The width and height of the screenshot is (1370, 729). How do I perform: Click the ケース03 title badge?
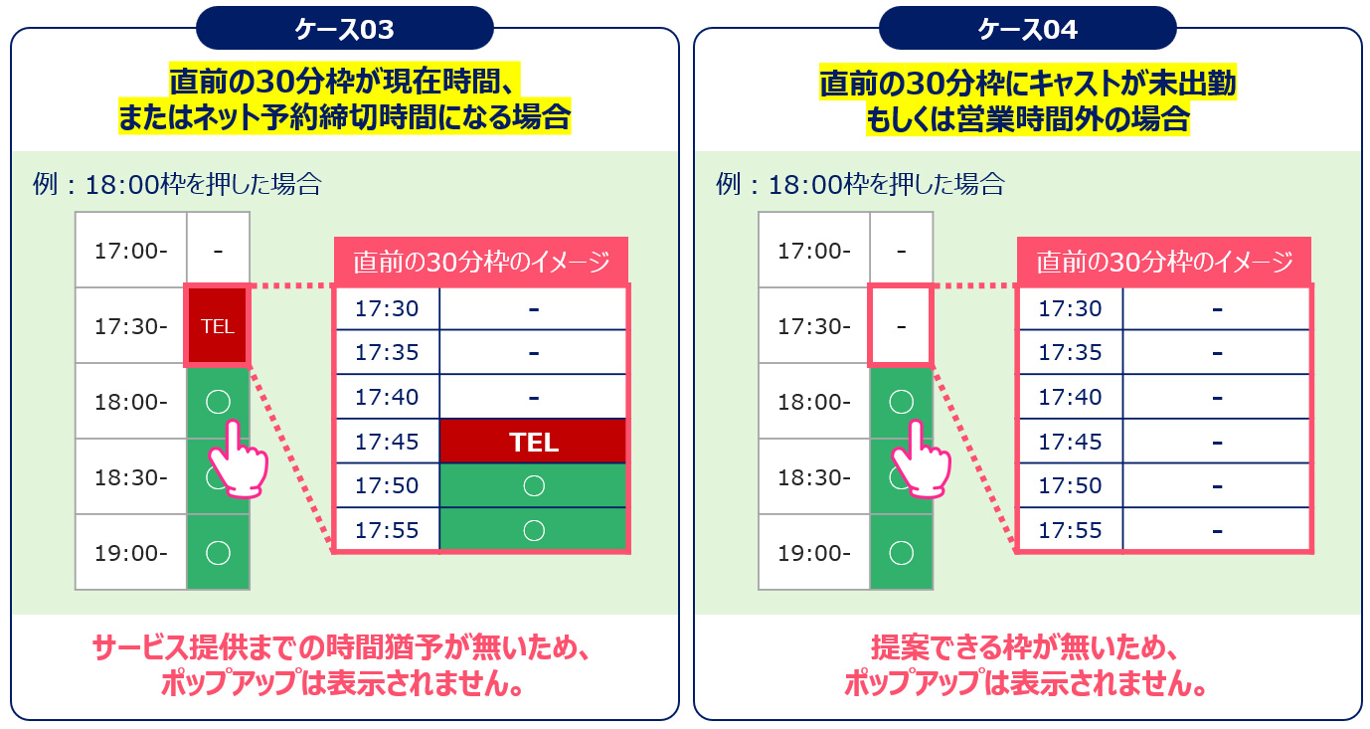tap(344, 28)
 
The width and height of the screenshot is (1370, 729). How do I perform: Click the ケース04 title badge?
tap(1028, 28)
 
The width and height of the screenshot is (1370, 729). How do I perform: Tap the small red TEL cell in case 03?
tap(217, 326)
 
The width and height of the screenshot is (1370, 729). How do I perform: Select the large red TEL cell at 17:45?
tap(533, 442)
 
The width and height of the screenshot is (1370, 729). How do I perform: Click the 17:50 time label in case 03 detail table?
tap(387, 485)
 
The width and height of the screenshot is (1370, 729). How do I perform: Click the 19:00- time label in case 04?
tap(814, 553)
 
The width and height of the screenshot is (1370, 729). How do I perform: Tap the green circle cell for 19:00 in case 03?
tap(218, 552)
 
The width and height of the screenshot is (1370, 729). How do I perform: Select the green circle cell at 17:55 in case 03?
tap(533, 530)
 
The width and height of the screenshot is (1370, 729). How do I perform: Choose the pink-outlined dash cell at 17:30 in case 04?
tap(901, 326)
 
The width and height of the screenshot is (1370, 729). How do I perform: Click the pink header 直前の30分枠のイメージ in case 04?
tap(1164, 262)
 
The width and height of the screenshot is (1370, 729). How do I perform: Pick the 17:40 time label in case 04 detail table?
tap(1070, 397)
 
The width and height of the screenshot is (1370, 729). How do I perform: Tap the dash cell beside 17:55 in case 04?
tap(1217, 530)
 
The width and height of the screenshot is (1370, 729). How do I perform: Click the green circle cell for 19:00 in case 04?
tap(901, 552)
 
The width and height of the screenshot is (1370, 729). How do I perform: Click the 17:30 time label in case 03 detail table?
tap(387, 308)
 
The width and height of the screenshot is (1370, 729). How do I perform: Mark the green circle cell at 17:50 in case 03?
tap(533, 485)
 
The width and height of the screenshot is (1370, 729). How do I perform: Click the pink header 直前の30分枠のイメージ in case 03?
tap(481, 262)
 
